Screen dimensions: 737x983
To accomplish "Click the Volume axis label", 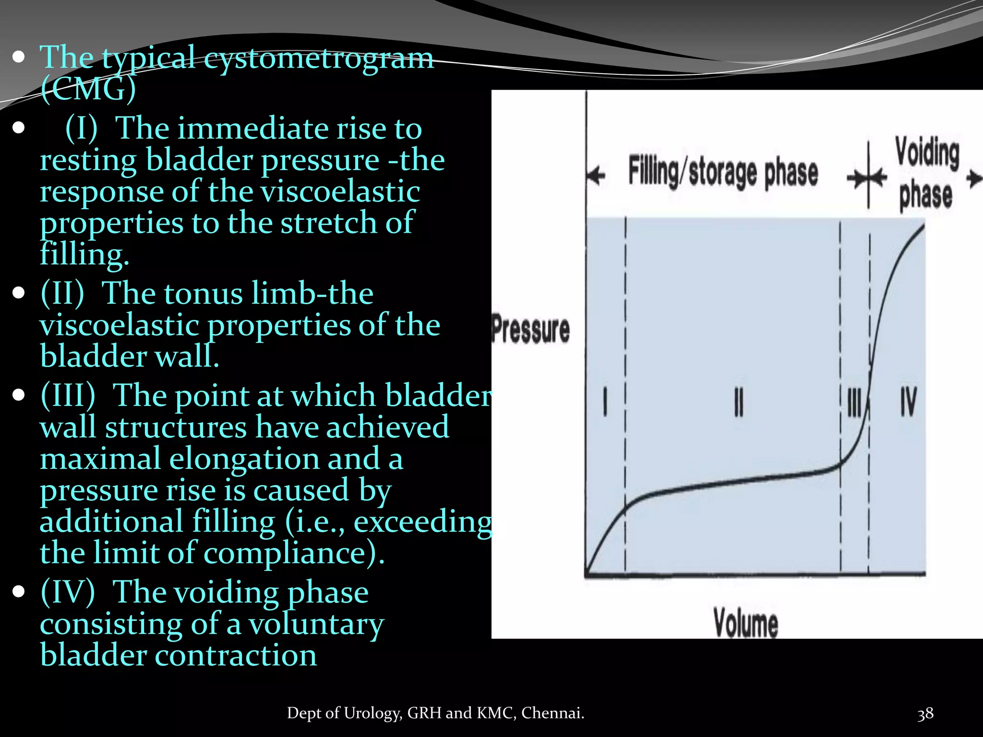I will (x=745, y=623).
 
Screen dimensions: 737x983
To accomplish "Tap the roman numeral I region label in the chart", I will (x=605, y=402).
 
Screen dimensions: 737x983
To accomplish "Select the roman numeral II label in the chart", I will (x=739, y=402).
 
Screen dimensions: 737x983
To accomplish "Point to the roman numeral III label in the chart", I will (x=854, y=402).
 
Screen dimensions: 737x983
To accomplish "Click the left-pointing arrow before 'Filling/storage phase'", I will (x=597, y=176).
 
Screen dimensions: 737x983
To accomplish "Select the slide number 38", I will (x=925, y=713).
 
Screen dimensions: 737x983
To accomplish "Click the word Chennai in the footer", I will (x=552, y=713).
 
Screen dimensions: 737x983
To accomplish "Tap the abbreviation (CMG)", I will (x=88, y=89).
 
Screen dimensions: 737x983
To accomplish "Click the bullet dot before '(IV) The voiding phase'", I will (x=19, y=592).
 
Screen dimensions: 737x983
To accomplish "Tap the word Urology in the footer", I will (x=372, y=713).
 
